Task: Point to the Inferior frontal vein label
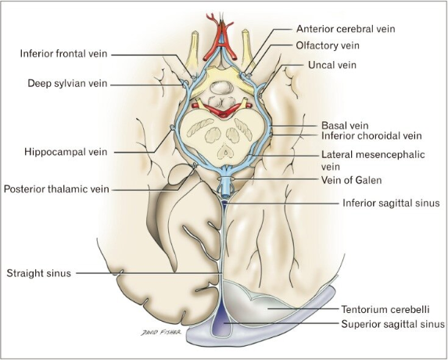tap(65, 54)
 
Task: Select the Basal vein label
tap(344, 124)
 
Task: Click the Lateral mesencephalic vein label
tap(372, 160)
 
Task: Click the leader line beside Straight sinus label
tap(149, 273)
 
